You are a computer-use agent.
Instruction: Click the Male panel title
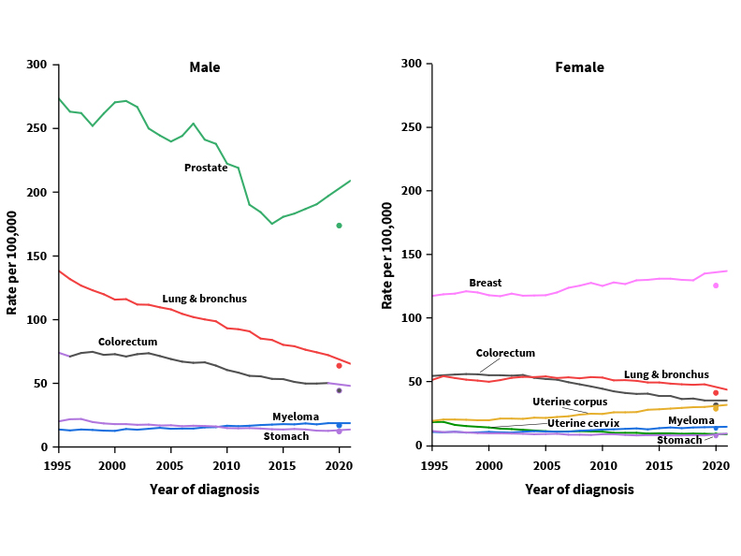[205, 67]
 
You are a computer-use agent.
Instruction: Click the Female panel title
[579, 67]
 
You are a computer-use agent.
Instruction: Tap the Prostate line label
[206, 168]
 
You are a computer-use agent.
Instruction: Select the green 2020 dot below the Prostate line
[339, 226]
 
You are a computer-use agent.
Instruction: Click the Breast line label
[485, 283]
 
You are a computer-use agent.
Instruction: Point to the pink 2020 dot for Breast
[716, 285]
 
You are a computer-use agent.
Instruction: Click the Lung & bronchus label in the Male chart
[204, 299]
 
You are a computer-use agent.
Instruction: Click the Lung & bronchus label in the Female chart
[666, 374]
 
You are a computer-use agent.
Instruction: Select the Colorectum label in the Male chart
[127, 342]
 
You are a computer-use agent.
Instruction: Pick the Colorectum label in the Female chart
[505, 353]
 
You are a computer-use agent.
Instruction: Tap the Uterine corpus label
[570, 402]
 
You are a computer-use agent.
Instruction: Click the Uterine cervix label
[583, 423]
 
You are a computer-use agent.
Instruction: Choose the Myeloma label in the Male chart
[296, 417]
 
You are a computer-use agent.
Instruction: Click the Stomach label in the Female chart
[678, 440]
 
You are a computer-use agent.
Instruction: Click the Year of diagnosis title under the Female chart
[579, 490]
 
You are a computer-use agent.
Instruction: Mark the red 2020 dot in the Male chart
[339, 365]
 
